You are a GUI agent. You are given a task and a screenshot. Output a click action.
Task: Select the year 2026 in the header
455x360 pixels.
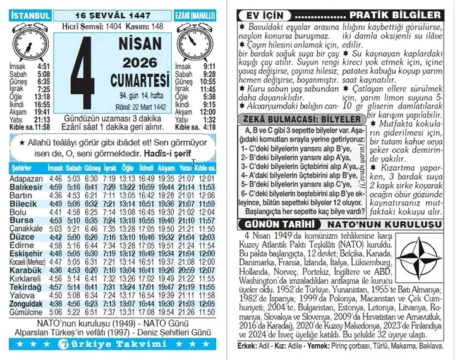tap(140, 63)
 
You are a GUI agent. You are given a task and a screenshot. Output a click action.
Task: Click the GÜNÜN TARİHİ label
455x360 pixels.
tap(265, 225)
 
